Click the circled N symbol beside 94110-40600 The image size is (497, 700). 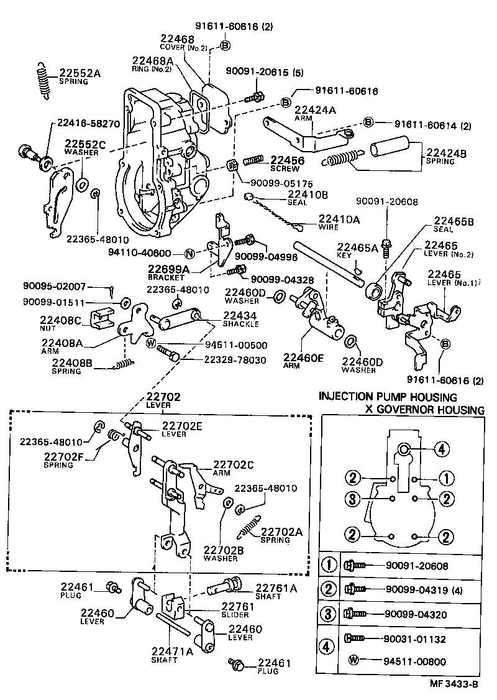tap(190, 254)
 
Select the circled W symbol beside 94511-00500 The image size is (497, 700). tap(151, 343)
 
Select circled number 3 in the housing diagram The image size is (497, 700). tap(352, 499)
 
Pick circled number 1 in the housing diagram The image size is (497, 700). tap(445, 478)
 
